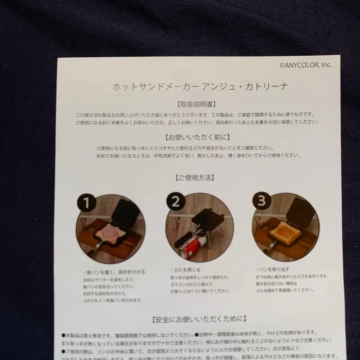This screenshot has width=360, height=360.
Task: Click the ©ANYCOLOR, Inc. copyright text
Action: (306, 65)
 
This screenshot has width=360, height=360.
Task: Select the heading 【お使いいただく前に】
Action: (197, 137)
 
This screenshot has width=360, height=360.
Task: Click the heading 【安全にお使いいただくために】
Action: (199, 319)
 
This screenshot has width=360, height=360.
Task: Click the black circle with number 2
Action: (175, 202)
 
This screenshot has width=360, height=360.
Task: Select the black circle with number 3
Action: (261, 201)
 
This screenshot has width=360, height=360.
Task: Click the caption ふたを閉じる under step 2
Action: (182, 270)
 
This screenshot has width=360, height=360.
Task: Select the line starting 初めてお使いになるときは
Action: (198, 155)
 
